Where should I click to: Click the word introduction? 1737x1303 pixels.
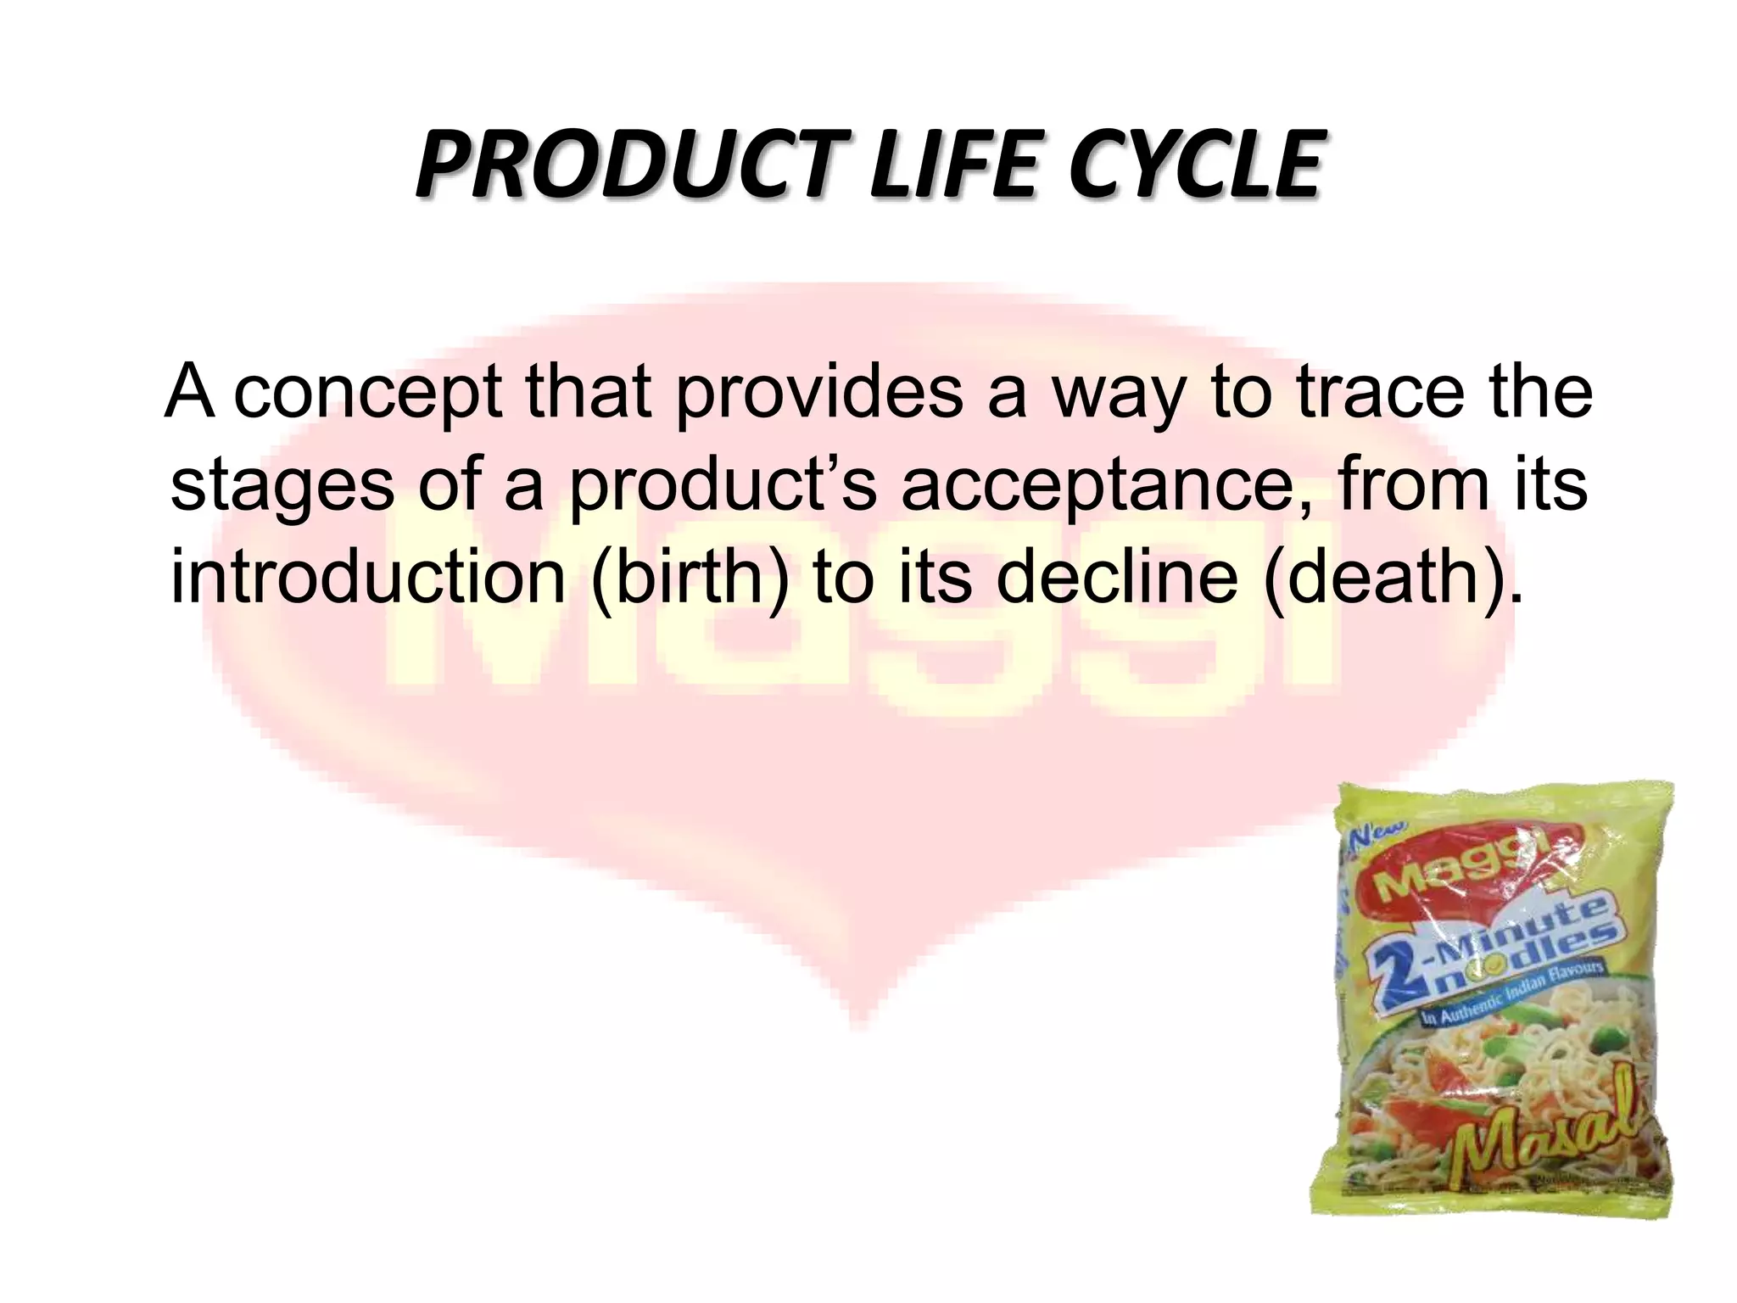coord(367,578)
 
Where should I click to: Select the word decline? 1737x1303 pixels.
coord(1118,578)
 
